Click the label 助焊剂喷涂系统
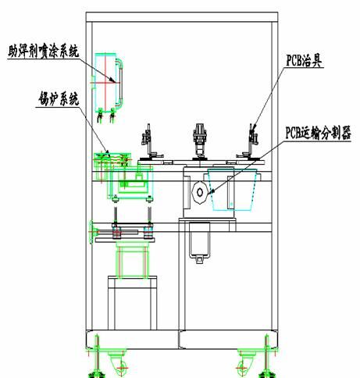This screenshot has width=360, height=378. point(44,52)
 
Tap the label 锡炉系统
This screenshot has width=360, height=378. point(58,98)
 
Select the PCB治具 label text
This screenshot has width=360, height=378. point(304,61)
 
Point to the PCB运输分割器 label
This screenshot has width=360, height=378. point(318,133)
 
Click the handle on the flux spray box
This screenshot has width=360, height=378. point(120,84)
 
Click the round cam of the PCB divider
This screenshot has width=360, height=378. point(200,192)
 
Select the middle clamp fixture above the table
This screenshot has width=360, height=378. point(200,141)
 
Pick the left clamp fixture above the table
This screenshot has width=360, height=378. point(150,142)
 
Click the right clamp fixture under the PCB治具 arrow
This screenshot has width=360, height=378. point(251,142)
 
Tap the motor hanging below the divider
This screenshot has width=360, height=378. point(200,240)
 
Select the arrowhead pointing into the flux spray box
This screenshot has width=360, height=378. point(112,80)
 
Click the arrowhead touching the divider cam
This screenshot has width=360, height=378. point(212,191)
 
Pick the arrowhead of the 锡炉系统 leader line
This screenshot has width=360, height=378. point(107,154)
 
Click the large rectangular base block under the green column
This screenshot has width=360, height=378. point(133,303)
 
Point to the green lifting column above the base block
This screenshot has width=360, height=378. point(132,259)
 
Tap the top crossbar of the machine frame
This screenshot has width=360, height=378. point(182,17)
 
